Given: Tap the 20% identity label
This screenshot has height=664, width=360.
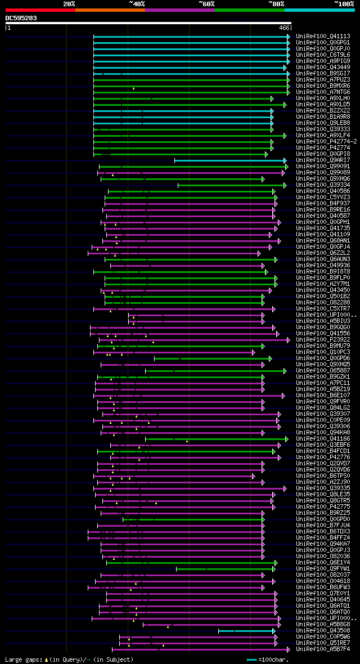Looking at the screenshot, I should (69, 4).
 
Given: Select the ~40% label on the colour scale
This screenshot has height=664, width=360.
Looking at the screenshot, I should (137, 4).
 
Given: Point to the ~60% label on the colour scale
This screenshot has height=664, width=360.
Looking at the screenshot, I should (206, 4).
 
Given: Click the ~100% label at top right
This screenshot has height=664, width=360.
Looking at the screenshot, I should (344, 4).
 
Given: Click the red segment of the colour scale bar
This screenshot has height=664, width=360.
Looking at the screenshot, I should (40, 10).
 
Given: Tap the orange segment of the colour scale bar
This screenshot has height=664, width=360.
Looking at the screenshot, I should (110, 10).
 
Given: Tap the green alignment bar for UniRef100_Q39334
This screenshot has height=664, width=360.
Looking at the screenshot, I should (231, 185).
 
